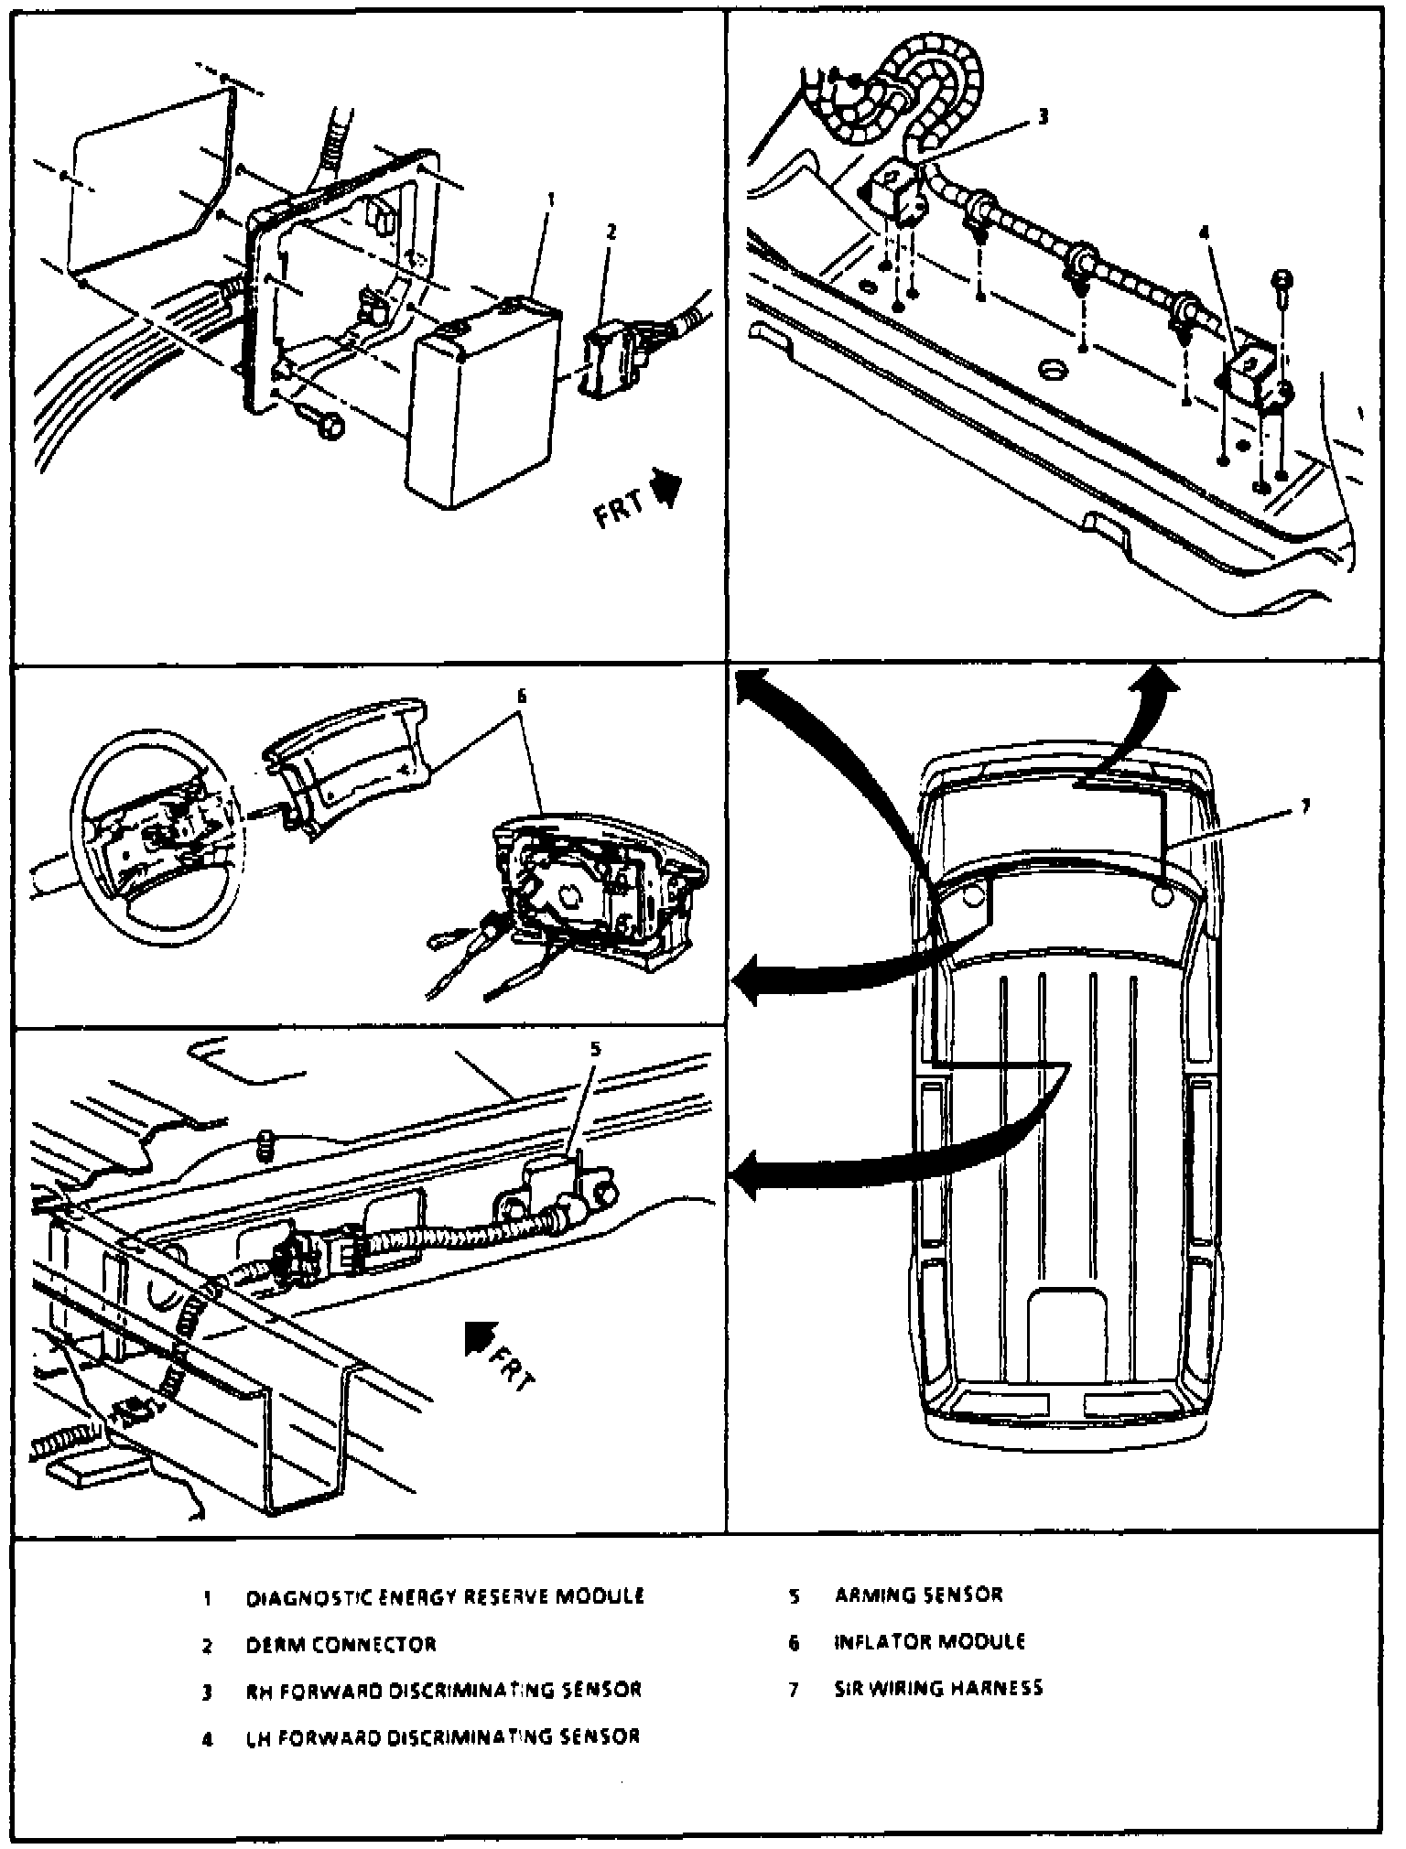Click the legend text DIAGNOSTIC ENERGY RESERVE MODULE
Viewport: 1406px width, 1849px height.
[445, 1597]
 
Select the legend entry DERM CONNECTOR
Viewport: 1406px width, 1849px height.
[341, 1645]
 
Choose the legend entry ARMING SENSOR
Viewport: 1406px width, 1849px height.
[918, 1595]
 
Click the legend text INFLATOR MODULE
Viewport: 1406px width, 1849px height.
[929, 1642]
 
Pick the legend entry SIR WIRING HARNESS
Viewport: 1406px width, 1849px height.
[938, 1688]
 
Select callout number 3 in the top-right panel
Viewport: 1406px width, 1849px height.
[1044, 117]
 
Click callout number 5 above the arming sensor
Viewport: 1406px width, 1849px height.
[596, 1049]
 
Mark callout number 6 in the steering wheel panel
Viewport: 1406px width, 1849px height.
[522, 696]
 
